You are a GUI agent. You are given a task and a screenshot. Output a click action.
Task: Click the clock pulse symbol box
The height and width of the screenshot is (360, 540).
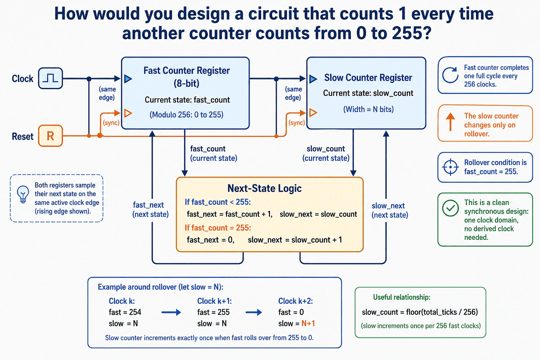coord(50,78)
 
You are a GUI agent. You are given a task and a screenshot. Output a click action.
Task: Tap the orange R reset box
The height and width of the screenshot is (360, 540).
coord(50,136)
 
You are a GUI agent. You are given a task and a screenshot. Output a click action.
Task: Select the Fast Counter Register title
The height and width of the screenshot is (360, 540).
coord(187,77)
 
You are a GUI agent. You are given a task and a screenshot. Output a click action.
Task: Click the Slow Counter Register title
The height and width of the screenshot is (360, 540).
coord(368,78)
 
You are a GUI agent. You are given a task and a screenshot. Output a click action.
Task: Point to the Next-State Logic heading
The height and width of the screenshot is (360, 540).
coord(264,188)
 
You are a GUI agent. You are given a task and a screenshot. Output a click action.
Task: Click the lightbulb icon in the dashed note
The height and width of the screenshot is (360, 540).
coord(23,194)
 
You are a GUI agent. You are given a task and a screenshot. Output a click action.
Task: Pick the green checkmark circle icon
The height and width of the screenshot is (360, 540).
coord(450,208)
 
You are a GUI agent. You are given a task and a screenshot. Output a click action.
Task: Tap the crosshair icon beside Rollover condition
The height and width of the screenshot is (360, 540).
coord(450,167)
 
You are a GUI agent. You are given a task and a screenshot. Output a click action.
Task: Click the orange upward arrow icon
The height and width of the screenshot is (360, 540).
coord(450,122)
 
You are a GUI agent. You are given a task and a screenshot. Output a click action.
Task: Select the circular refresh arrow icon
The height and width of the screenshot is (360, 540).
coord(450,75)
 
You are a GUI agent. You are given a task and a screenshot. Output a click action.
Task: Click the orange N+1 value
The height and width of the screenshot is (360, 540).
coord(308,323)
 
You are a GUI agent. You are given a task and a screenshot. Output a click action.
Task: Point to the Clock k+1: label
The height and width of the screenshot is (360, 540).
coord(214,301)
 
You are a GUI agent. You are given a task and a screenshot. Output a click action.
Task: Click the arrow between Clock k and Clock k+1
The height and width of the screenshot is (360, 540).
coord(171,312)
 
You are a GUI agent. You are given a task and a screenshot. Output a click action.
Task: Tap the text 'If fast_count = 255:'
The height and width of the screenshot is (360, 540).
coord(218,227)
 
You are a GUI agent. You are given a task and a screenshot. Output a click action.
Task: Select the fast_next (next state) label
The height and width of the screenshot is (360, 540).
coord(150,210)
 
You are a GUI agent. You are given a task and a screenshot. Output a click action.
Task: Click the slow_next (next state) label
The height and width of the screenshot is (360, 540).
coord(390,210)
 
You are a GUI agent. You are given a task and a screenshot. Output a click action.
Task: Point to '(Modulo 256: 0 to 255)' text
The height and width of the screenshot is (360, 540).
coord(187,115)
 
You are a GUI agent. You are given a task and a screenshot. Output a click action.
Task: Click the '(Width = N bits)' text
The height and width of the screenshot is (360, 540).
coord(368,109)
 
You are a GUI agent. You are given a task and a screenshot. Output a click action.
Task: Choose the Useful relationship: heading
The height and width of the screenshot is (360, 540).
coord(401,297)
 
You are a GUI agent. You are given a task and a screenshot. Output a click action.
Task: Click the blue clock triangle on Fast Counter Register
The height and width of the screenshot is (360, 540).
coord(128,79)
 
